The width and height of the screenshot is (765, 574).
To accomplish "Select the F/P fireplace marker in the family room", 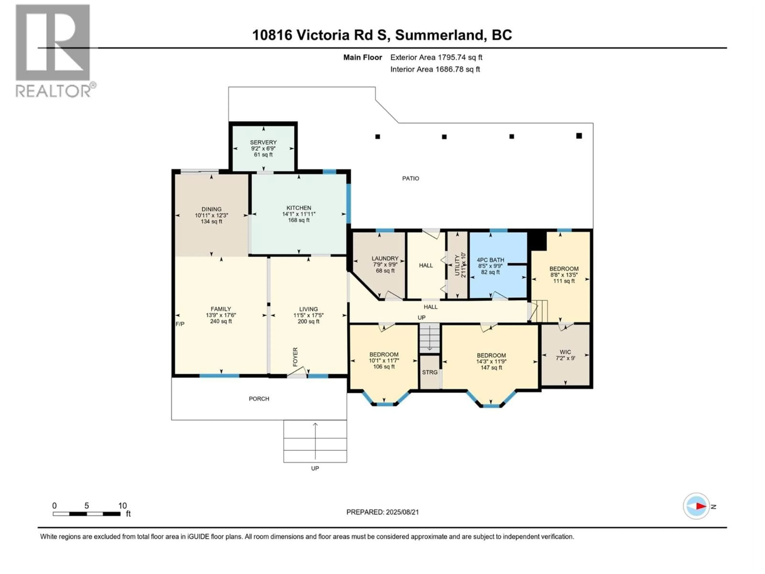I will click(180, 324).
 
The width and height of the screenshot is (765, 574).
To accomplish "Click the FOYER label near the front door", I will click(295, 357).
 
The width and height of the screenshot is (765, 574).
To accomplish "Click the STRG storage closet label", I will click(430, 372).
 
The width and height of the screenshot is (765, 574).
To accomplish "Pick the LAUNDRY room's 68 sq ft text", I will click(385, 271).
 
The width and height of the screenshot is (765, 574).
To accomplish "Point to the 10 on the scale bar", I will click(123, 506).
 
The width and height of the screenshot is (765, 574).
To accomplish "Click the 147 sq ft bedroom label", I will click(491, 368).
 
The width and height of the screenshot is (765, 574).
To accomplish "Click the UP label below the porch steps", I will click(315, 469).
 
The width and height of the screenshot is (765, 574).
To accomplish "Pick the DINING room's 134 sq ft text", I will click(211, 221).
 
